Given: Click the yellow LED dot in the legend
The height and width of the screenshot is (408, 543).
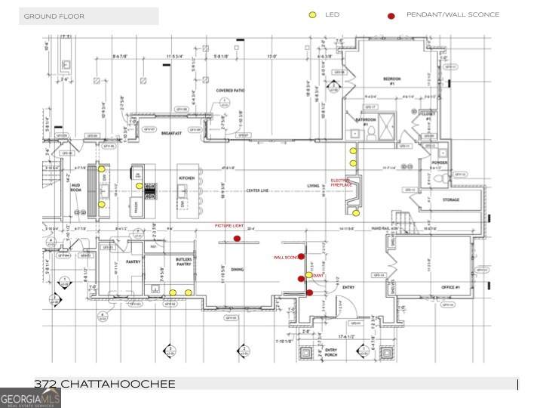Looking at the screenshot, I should click(312, 15).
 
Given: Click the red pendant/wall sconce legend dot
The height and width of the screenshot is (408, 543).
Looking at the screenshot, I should click(391, 15).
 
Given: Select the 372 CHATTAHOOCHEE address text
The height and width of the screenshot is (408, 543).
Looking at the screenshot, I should click(105, 385).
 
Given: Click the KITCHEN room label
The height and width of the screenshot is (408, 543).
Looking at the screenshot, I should click(187, 178).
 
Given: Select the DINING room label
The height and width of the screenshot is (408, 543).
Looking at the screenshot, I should click(237, 269).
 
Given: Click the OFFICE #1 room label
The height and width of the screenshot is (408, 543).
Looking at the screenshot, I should click(452, 289).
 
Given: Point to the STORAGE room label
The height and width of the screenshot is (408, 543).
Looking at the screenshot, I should click(452, 199).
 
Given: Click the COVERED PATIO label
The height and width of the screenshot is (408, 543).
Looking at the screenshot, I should click(231, 91).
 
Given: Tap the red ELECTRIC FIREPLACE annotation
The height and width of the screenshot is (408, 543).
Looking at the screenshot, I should click(341, 183).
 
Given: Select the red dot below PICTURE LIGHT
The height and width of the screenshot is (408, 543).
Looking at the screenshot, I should click(237, 239).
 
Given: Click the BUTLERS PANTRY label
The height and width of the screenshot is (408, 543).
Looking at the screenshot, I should click(184, 261).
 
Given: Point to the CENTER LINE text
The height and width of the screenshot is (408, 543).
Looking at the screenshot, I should click(257, 190).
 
